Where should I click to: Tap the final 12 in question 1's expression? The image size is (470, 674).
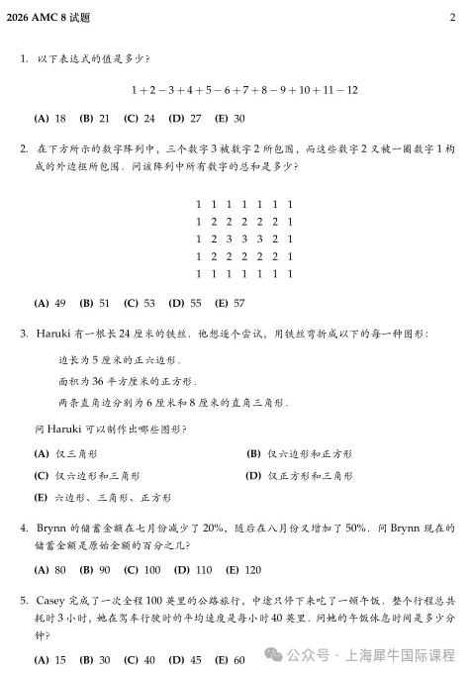(351, 90)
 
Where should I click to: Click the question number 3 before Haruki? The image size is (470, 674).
(23, 334)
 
